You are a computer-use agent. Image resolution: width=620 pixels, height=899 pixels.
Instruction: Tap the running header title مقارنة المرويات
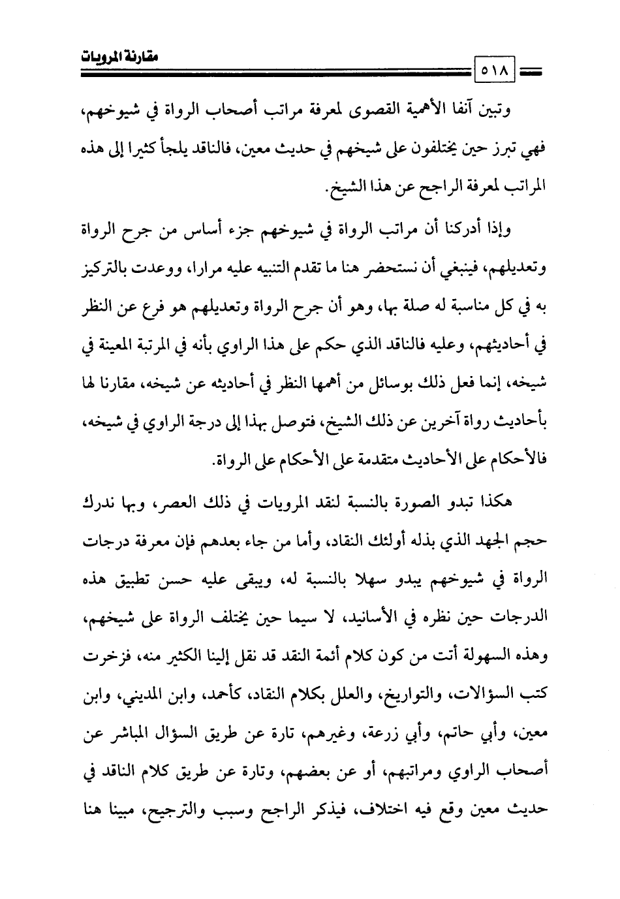pyautogui.click(x=117, y=57)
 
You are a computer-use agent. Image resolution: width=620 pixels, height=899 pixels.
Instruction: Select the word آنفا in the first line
pyautogui.click(x=465, y=108)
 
